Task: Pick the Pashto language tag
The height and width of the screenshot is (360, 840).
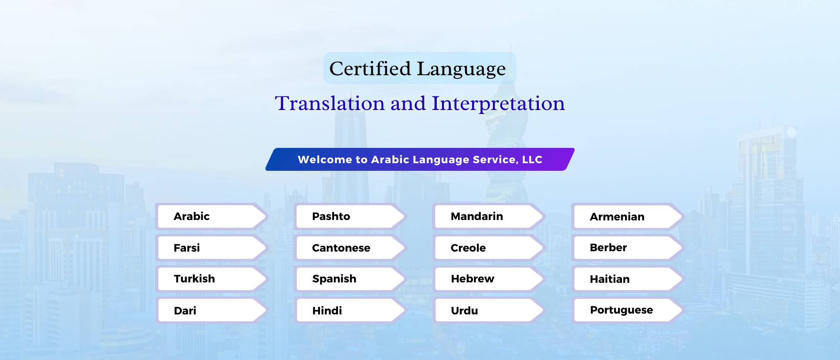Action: pos(350,216)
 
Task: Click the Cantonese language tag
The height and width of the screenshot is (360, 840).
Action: pos(350,248)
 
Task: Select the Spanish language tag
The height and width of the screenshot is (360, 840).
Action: pos(350,279)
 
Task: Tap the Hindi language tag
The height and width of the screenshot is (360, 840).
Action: pos(350,310)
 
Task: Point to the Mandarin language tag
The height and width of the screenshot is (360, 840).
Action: pos(489,216)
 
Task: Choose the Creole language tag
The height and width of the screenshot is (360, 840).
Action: pos(489,248)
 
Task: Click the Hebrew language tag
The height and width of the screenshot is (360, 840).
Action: pos(489,279)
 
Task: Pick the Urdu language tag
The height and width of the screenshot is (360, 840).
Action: pos(489,310)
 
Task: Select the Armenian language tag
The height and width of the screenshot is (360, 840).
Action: pos(628,216)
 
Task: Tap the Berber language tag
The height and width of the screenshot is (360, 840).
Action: pos(628,248)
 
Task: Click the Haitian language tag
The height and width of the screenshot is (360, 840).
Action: pos(628,279)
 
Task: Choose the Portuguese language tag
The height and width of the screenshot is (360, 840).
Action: pos(628,310)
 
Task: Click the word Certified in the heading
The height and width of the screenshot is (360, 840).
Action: pos(370,68)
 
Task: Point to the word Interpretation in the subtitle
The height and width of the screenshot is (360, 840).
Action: pos(498,104)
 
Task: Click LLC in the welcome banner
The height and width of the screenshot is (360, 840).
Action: pos(532,160)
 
